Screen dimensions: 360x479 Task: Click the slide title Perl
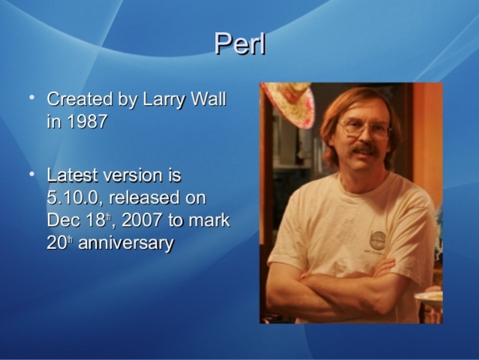click(x=240, y=44)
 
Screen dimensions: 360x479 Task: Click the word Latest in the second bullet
click(x=72, y=175)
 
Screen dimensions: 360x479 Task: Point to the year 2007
click(x=143, y=220)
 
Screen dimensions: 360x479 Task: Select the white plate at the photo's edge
click(x=430, y=297)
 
